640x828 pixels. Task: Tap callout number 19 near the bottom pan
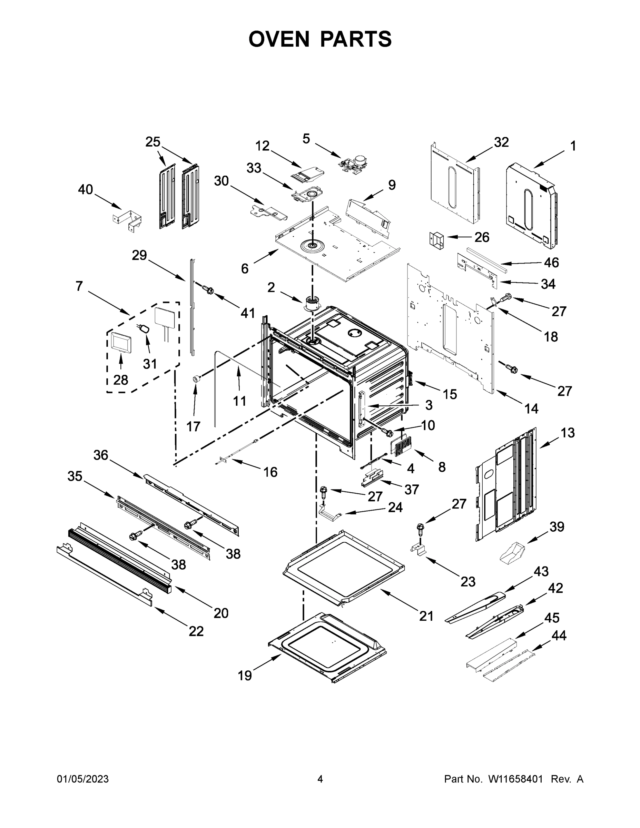(245, 675)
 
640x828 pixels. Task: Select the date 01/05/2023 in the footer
(83, 779)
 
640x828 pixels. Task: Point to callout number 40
(85, 189)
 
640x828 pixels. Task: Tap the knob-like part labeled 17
(196, 378)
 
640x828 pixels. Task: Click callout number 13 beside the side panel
(568, 433)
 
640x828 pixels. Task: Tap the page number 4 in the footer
(319, 779)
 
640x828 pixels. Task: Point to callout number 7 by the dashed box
(79, 286)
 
